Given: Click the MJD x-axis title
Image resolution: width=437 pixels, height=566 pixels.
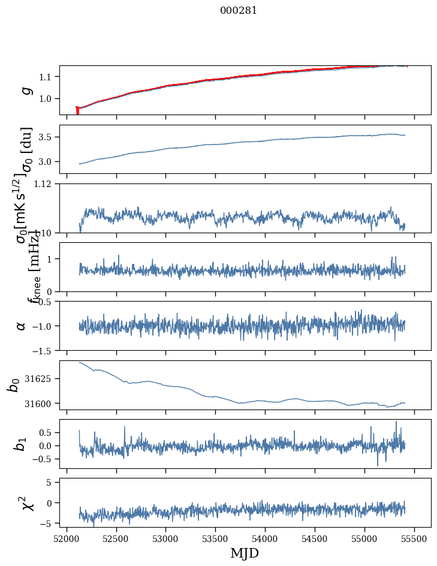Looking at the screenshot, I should point(245,553).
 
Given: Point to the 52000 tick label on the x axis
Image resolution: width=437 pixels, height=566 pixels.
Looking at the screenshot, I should point(67,539).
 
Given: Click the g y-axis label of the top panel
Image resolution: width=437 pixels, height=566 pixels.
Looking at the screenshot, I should point(25,91).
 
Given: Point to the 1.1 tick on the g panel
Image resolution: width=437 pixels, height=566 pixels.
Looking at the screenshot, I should point(47,77).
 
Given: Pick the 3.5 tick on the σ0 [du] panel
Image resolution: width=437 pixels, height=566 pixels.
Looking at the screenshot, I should point(47,137).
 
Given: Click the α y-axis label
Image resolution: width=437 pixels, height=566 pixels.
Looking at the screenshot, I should point(22,326).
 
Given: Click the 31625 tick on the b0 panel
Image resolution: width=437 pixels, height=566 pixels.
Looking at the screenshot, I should point(41,379).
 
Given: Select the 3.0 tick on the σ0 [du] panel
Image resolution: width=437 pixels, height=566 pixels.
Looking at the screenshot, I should point(47,162).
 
